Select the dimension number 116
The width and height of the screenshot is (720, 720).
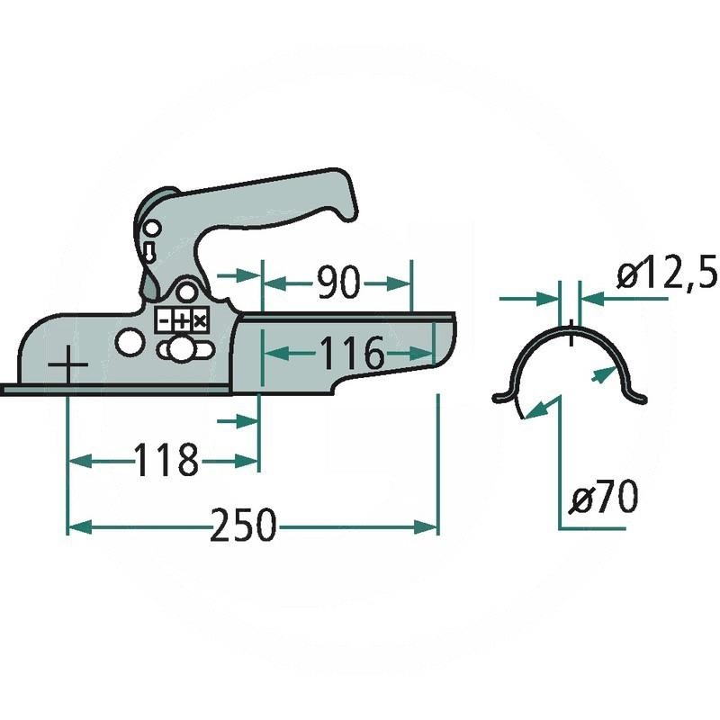[x=350, y=354]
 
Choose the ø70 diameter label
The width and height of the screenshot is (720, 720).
[x=606, y=496]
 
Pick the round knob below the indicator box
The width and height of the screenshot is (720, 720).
[x=183, y=348]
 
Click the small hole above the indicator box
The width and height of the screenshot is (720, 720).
[x=186, y=292]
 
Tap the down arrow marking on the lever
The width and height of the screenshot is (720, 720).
[x=149, y=247]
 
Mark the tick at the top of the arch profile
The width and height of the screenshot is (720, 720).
[x=571, y=331]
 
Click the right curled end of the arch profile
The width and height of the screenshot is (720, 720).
[x=640, y=396]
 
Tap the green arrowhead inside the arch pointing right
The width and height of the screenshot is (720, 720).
[x=598, y=376]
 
